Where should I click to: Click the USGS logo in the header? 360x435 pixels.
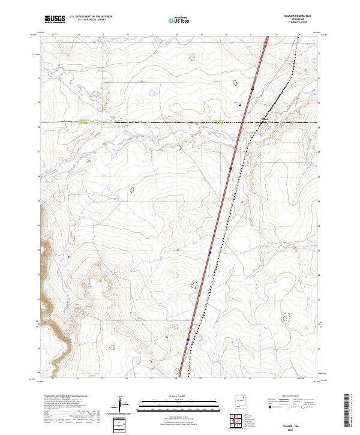click(x=54, y=19)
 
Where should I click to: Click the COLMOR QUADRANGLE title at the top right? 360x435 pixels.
click(x=293, y=17)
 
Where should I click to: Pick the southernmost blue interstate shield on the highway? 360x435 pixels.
click(x=188, y=340)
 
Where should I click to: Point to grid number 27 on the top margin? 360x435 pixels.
click(x=152, y=35)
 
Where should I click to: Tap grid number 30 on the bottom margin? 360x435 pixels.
click(x=225, y=379)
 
